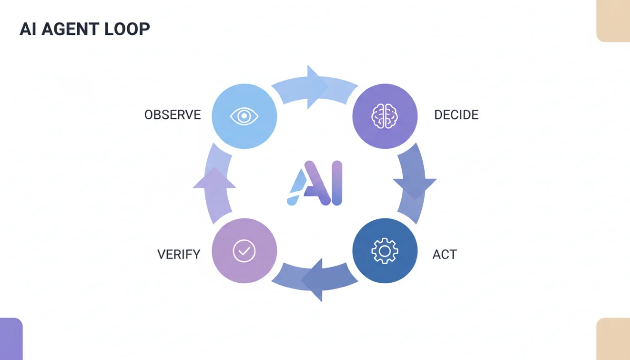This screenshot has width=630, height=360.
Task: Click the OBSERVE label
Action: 173,115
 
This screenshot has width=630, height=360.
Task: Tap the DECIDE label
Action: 456,115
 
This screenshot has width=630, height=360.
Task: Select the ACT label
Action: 444,254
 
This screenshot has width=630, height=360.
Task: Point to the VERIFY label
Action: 179,254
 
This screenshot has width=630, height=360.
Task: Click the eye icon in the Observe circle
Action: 244,116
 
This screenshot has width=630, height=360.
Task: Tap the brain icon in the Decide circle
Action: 385,116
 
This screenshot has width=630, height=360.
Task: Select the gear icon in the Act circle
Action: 385,251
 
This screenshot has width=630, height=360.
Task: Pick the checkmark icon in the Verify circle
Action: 244,251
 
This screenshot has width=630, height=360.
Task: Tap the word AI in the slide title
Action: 28,29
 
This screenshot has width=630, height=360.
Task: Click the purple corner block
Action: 11,339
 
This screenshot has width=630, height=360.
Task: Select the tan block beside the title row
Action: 613,21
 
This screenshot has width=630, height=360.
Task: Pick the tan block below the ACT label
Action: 613,339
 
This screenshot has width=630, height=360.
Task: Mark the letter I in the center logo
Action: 336,184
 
